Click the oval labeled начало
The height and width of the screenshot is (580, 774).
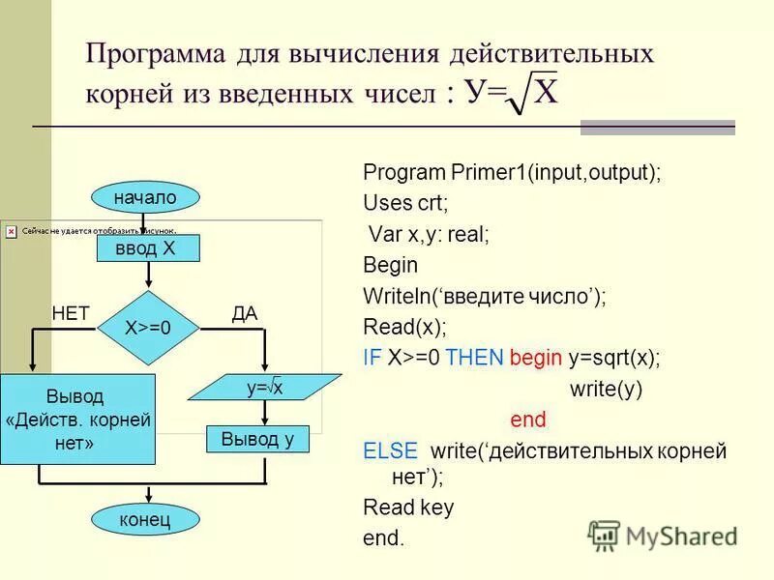[146, 197]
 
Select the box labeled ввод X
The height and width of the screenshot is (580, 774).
[148, 248]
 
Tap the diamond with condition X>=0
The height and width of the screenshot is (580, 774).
[148, 328]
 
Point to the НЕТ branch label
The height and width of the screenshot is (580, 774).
[70, 312]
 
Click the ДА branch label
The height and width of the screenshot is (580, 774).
[245, 312]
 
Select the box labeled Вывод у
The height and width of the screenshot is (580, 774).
[257, 439]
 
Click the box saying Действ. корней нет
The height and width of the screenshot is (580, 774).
[77, 420]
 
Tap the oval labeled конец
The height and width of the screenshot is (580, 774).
[145, 520]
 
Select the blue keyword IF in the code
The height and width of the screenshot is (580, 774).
[372, 357]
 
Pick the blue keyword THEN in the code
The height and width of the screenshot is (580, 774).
[475, 357]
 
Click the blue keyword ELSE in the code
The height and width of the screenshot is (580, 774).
[390, 450]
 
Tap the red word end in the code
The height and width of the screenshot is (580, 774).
[527, 420]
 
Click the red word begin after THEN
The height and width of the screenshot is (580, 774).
[535, 357]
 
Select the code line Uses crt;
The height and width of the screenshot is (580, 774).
[405, 203]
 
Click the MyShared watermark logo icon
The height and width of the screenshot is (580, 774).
[605, 536]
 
